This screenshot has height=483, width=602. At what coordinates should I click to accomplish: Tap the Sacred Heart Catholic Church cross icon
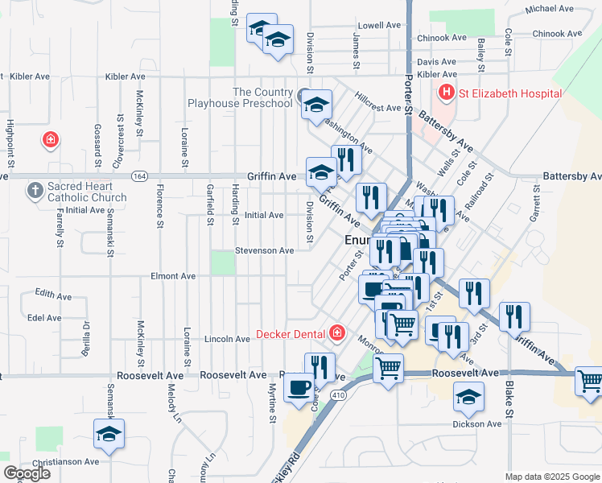pyautogui.click(x=35, y=191)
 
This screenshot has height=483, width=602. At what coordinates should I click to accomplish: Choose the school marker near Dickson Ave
pyautogui.click(x=468, y=395)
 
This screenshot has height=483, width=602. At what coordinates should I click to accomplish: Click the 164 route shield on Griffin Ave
pyautogui.click(x=142, y=176)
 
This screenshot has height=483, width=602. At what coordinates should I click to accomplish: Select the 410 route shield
pyautogui.click(x=339, y=395)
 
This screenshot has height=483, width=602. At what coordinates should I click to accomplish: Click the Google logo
pyautogui.click(x=27, y=473)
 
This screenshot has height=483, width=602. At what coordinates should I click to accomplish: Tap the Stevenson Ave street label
pyautogui.click(x=264, y=250)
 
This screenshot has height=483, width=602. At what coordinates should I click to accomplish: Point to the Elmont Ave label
pyautogui.click(x=174, y=276)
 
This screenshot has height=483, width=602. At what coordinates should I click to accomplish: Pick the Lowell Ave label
pyautogui.click(x=379, y=25)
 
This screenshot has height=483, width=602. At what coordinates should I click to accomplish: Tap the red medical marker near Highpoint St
pyautogui.click(x=51, y=140)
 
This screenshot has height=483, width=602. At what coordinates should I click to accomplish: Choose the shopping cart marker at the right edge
pyautogui.click(x=590, y=380)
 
